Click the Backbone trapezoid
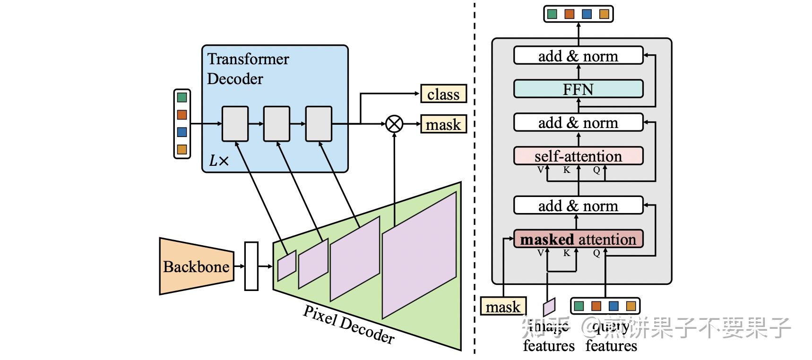[x=196, y=266]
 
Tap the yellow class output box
[x=443, y=94]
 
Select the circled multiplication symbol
[x=394, y=124]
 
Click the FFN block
[x=578, y=89]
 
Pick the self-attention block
[x=578, y=156]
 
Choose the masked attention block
[x=578, y=239]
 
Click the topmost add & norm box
[x=578, y=56]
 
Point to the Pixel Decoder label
[x=348, y=325]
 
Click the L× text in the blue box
[x=218, y=161]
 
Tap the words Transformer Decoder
[x=248, y=69]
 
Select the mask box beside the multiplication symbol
[x=443, y=124]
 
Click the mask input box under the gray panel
[x=503, y=307]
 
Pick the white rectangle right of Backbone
[x=251, y=266]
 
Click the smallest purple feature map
[x=286, y=266]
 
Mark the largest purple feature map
[x=419, y=255]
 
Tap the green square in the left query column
[x=182, y=97]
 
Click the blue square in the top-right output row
[x=587, y=14]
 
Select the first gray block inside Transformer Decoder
[x=235, y=124]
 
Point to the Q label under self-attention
[x=596, y=170]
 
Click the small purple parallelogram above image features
[x=549, y=307]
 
